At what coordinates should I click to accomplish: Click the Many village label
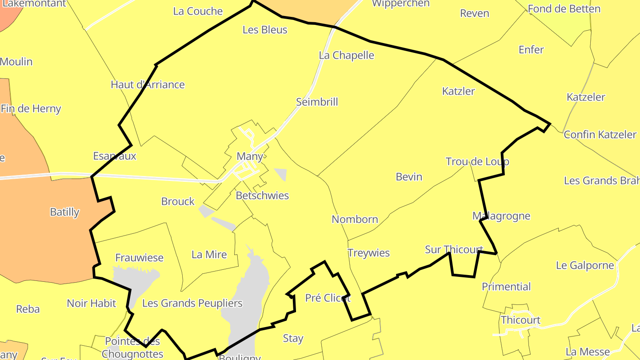click(250, 156)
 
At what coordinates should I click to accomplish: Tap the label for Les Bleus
click(265, 30)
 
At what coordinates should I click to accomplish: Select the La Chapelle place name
click(347, 56)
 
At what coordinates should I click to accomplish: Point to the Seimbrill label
click(317, 102)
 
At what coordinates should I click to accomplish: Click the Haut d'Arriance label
click(148, 85)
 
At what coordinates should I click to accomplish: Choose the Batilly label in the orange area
click(64, 212)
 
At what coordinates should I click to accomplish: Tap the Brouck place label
click(178, 202)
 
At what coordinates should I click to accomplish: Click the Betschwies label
click(262, 196)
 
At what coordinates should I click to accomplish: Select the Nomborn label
click(355, 220)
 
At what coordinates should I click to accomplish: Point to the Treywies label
click(368, 253)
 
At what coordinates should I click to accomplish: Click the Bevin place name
click(409, 177)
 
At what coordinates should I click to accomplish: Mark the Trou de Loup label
click(477, 162)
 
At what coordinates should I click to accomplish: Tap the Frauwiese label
click(139, 258)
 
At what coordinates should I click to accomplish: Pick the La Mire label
click(209, 255)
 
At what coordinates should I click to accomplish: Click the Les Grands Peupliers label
click(192, 304)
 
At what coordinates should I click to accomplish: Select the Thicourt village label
click(520, 320)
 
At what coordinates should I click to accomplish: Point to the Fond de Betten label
click(564, 8)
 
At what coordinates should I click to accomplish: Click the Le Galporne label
click(584, 266)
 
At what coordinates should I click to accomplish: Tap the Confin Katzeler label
click(600, 135)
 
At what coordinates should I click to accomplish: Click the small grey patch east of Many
click(281, 174)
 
